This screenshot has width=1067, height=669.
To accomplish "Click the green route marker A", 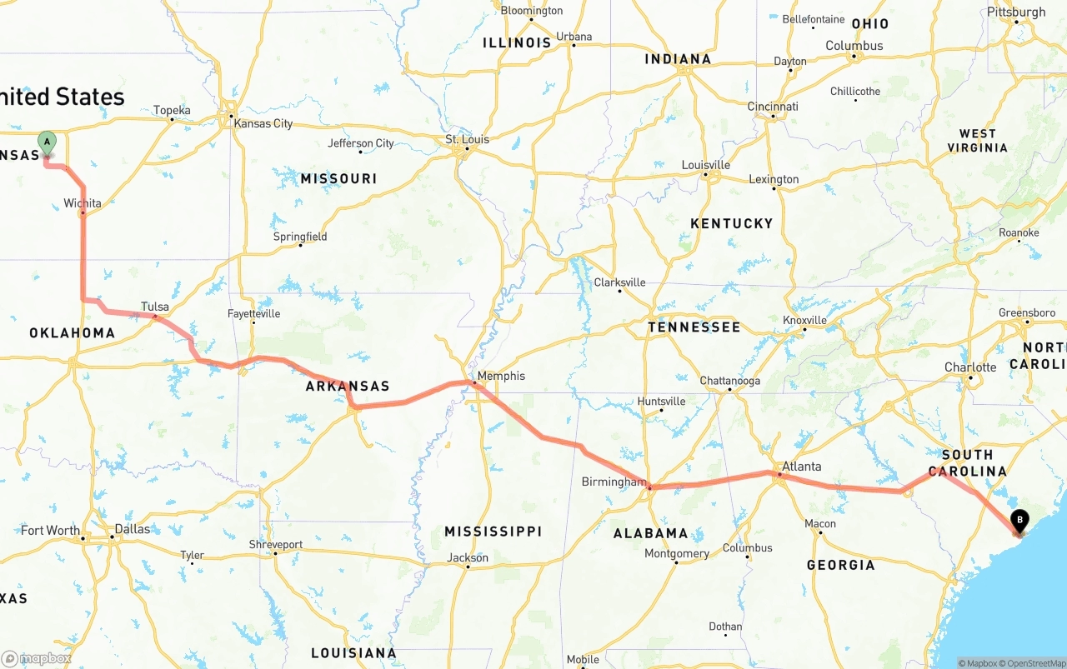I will pos(47,142).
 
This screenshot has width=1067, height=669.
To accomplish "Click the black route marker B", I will pos(1019,522).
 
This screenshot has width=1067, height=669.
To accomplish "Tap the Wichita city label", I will pos(83,203).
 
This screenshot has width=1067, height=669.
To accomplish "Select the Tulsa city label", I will pos(155,307).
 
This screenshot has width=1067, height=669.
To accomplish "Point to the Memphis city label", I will pos(502,376).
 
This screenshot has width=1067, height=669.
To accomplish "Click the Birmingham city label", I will pos(614,482).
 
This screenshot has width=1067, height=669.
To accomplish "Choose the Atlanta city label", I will pos(801,467).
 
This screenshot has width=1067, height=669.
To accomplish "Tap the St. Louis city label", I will pos(468,139).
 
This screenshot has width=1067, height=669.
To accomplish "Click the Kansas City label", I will pos(263,123).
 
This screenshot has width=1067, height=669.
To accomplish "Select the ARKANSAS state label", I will pos(348,387).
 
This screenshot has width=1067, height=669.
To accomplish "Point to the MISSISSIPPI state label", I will pos(493,532).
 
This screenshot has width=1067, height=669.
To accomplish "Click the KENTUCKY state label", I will pos(732,223).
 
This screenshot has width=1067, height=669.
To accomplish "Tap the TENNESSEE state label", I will pos(694,327).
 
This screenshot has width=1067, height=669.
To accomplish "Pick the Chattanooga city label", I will pos(729,381).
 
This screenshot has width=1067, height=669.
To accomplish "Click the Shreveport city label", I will pos(276,545).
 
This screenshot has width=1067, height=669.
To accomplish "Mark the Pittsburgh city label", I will pos(1015,12).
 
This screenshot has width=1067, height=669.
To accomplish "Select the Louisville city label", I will pos(706,165).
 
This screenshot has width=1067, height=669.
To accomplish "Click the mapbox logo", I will pos(37,658).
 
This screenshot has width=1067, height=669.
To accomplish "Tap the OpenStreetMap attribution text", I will pos(1033,663).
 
